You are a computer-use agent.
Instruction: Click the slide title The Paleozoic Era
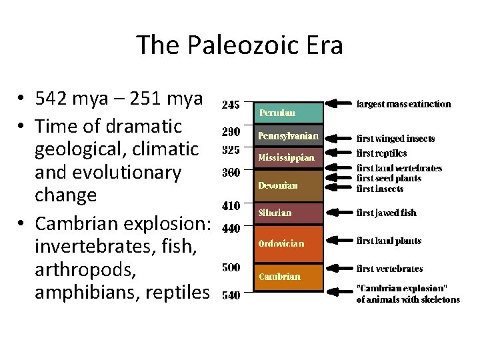click(x=240, y=45)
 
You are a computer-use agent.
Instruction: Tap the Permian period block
click(x=288, y=113)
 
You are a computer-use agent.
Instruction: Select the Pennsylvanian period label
click(x=288, y=136)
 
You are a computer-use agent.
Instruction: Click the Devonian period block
click(x=288, y=184)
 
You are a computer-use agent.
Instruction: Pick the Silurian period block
click(x=288, y=213)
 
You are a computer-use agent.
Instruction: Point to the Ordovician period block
click(x=288, y=243)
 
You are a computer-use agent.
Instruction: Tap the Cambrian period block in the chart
click(x=288, y=276)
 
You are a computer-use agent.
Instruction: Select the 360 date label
click(x=231, y=173)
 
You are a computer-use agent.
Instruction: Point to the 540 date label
click(x=231, y=295)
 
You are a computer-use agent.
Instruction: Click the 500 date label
click(x=231, y=267)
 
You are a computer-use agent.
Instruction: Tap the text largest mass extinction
click(x=404, y=104)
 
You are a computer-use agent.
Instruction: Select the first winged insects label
click(x=395, y=139)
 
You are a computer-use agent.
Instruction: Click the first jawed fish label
click(x=387, y=213)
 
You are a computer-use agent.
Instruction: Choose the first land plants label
click(x=389, y=241)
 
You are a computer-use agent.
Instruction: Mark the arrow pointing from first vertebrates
click(x=339, y=269)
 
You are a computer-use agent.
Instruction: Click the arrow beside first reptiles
click(x=339, y=153)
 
